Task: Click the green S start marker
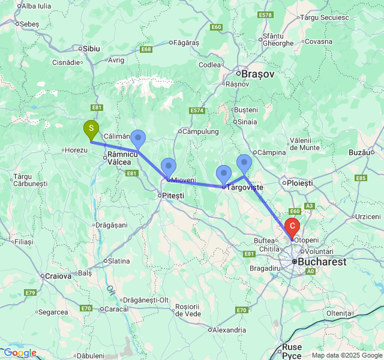[x=91, y=129]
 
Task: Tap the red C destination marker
[x=292, y=227]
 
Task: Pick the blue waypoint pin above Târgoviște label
[x=223, y=174]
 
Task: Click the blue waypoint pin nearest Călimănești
[x=138, y=139]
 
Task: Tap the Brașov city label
[x=257, y=74]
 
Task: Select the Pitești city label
[x=171, y=196]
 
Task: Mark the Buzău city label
[x=360, y=152]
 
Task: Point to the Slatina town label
[x=118, y=261]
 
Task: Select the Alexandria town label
[x=228, y=329]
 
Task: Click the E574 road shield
[x=197, y=111]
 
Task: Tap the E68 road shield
[x=146, y=49]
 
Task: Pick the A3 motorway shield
[x=310, y=206]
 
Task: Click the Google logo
[x=19, y=353]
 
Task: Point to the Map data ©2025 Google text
[x=346, y=355]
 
